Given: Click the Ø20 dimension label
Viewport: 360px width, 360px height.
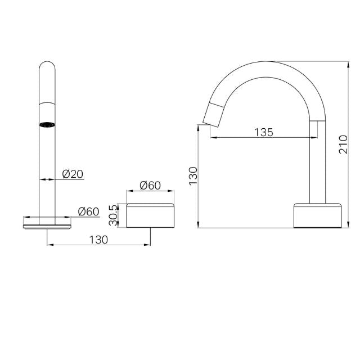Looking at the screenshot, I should pyautogui.click(x=73, y=174).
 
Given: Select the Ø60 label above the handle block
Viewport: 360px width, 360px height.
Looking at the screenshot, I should pyautogui.click(x=150, y=186).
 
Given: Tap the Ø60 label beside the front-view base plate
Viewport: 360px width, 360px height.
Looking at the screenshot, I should pyautogui.click(x=88, y=211).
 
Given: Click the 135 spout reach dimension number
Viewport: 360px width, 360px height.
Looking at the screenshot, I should pyautogui.click(x=263, y=132).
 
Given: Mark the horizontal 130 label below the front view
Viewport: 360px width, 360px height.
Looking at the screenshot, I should pyautogui.click(x=98, y=240).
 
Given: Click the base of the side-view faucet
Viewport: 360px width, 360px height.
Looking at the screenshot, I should pyautogui.click(x=317, y=215).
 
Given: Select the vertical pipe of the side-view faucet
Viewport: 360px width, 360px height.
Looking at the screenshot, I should pyautogui.click(x=318, y=163).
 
